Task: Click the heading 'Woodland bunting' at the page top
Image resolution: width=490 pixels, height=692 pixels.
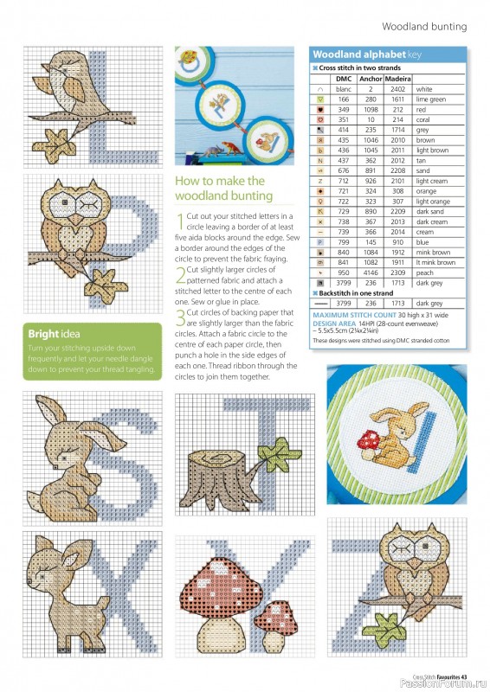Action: (424, 27)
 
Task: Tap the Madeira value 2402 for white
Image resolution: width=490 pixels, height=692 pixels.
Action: (397, 89)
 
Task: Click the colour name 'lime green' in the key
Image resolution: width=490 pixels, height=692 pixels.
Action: (430, 99)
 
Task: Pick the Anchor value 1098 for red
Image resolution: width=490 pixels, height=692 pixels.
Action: (371, 110)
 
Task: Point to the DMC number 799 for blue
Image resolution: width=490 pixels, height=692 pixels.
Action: (344, 243)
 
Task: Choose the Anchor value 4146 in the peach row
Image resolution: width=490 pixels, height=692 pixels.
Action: (371, 272)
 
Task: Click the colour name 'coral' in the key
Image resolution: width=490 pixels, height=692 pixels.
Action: (423, 119)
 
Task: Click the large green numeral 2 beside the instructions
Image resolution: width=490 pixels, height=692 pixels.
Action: (180, 276)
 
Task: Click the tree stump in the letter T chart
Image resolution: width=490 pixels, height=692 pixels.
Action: (221, 471)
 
